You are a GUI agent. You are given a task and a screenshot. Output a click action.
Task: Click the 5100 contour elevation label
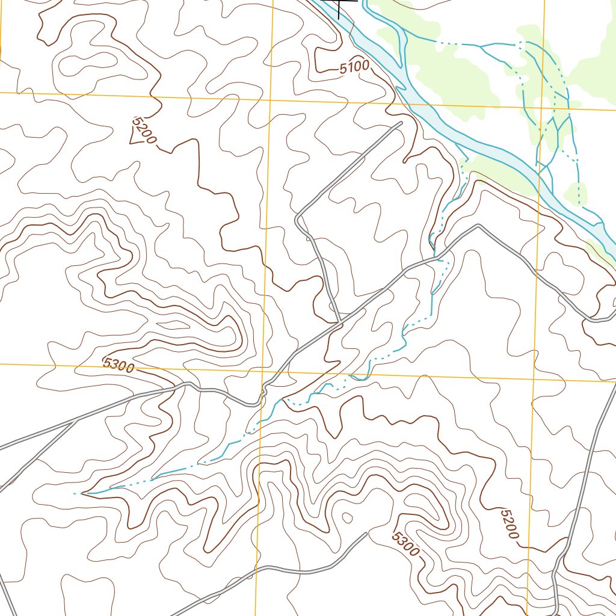(x=354, y=68)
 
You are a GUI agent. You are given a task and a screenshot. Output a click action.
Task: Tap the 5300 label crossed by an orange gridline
(x=119, y=365)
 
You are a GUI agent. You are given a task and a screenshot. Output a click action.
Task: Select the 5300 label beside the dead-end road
(x=404, y=543)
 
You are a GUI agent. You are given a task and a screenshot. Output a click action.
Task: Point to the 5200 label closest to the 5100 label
(x=144, y=132)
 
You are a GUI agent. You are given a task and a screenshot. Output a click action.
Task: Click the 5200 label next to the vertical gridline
(x=509, y=524)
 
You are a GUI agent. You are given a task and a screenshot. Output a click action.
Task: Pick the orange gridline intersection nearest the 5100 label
(x=270, y=99)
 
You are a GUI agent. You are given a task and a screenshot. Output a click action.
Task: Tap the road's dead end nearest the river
(x=401, y=123)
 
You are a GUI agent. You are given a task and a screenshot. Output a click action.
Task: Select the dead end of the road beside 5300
(x=366, y=534)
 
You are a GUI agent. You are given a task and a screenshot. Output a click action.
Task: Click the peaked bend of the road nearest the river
(x=478, y=226)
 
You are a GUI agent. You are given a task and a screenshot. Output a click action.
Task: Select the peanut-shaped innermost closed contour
(x=88, y=61)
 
